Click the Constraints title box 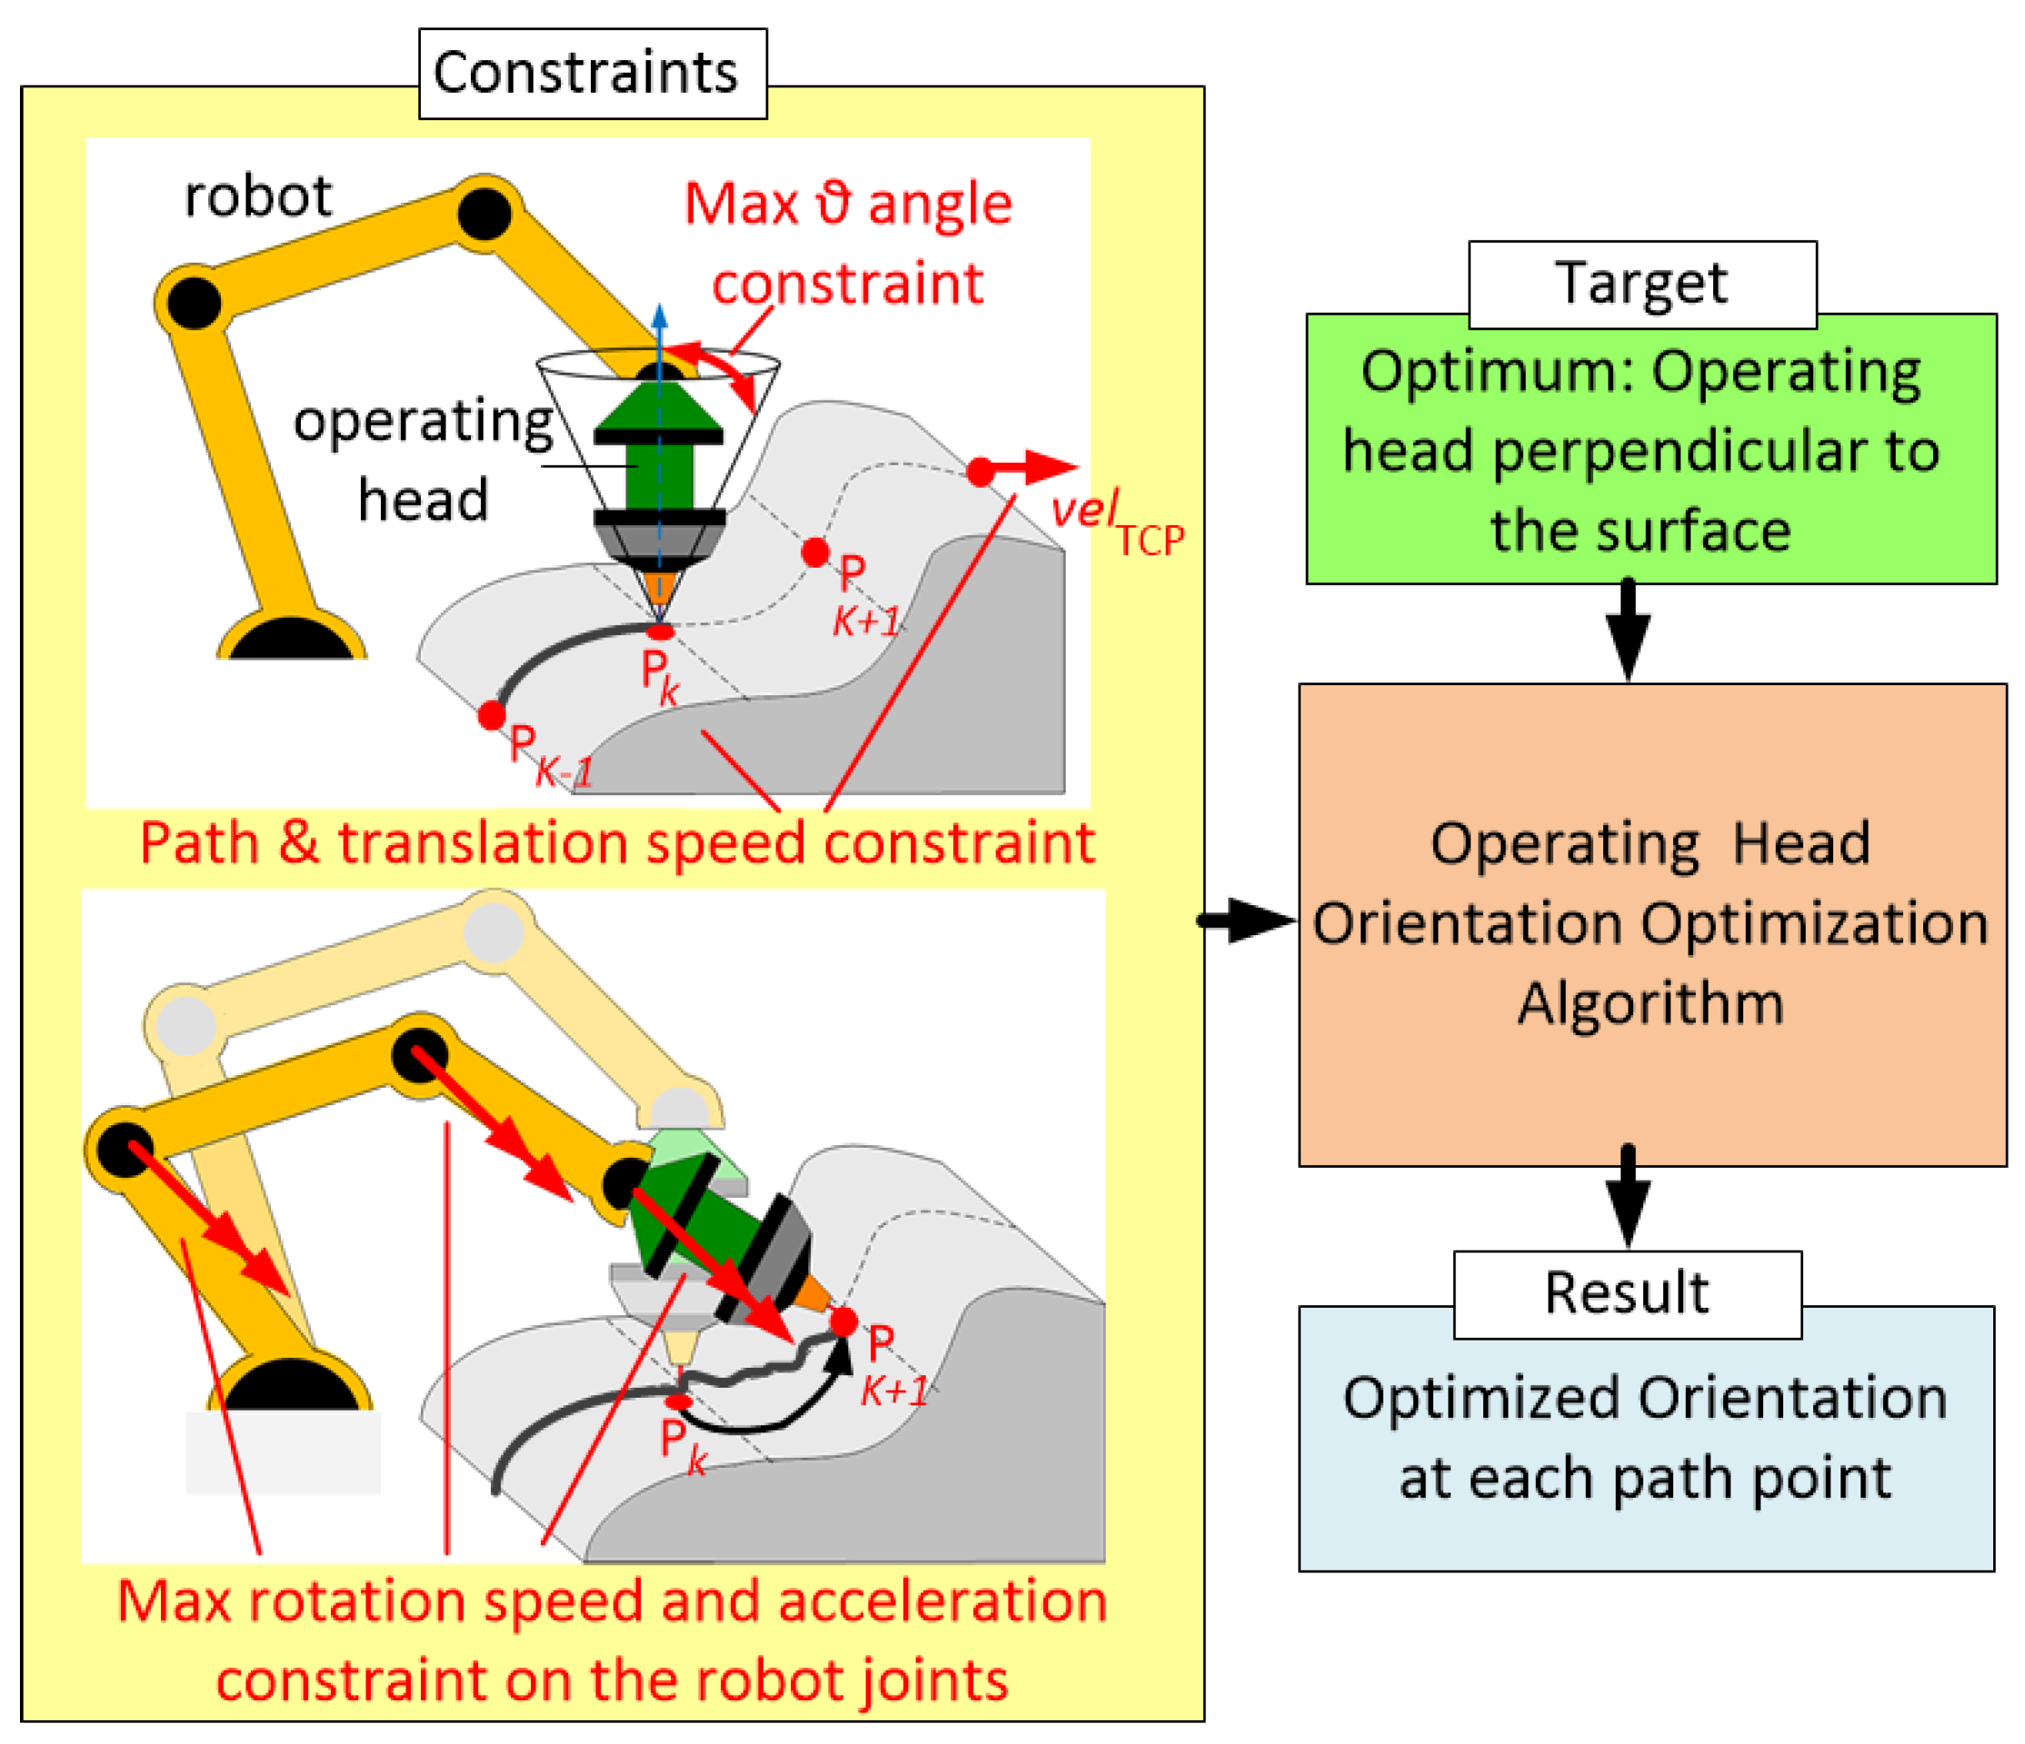[x=593, y=74]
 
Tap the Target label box [x=1641, y=284]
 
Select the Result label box [x=1627, y=1293]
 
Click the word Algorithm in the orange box [x=1651, y=1003]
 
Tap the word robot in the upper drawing [x=258, y=196]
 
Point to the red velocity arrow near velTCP [x=1036, y=468]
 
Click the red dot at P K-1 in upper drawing [x=492, y=715]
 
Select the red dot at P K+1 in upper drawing [x=815, y=553]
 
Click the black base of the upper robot [x=291, y=640]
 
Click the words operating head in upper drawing [x=423, y=459]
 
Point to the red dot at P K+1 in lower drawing [x=843, y=1323]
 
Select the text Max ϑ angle [x=846, y=204]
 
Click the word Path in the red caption [x=198, y=843]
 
